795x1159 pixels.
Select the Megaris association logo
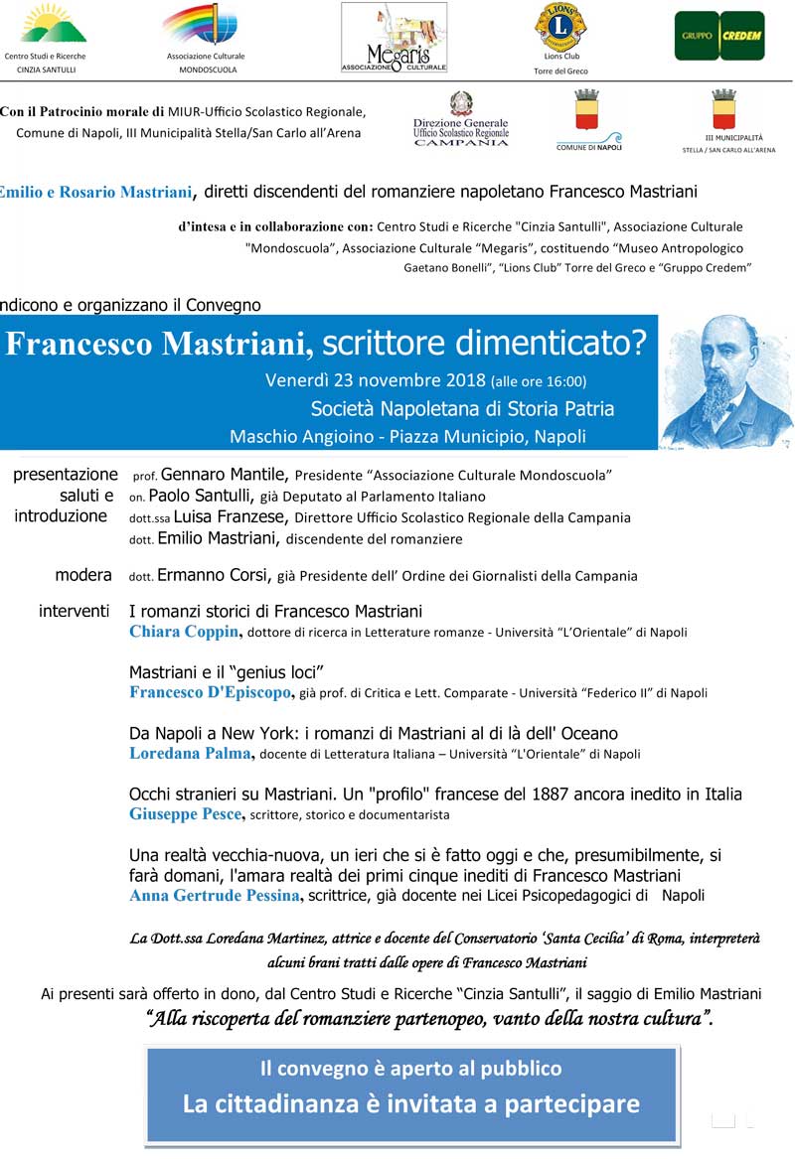click(394, 38)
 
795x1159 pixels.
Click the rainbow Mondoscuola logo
click(206, 25)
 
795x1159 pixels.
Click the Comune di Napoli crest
click(585, 111)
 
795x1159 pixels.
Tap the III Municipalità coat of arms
click(723, 109)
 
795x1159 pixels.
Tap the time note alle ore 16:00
click(539, 381)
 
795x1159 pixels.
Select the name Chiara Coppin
click(185, 632)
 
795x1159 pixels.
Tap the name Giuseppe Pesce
click(186, 814)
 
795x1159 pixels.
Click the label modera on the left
click(83, 575)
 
